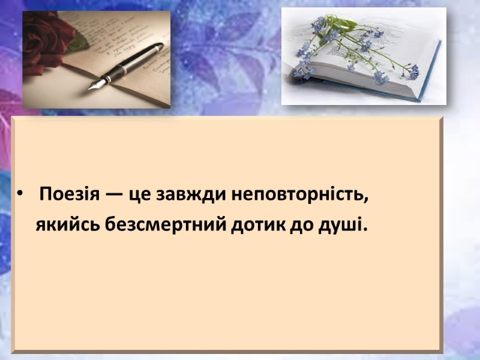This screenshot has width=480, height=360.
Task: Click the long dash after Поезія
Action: tap(114, 194)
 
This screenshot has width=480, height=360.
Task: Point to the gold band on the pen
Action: tap(123, 70)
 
